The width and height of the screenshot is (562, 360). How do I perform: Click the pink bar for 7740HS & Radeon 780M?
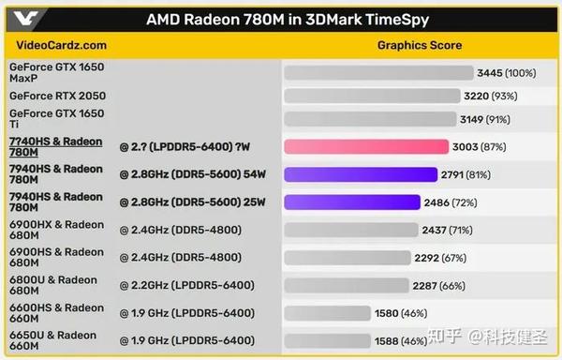[x=369, y=146]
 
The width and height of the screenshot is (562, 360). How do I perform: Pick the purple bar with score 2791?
[x=361, y=174]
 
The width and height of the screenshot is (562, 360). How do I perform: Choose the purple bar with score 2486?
[x=351, y=202]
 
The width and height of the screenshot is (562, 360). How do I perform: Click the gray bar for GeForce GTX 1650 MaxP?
[x=378, y=72]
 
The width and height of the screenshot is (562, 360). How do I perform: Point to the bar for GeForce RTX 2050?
[x=372, y=96]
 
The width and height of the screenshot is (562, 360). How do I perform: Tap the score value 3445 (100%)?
[x=506, y=72]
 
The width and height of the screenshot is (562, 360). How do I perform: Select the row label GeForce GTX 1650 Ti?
[x=56, y=118]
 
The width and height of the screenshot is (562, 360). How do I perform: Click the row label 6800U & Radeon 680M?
[x=56, y=285]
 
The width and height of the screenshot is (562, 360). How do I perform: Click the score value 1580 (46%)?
[x=401, y=314]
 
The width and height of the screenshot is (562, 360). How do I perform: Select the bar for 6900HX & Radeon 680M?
[x=349, y=231]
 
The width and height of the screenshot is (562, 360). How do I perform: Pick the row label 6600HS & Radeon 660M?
[x=56, y=313]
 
